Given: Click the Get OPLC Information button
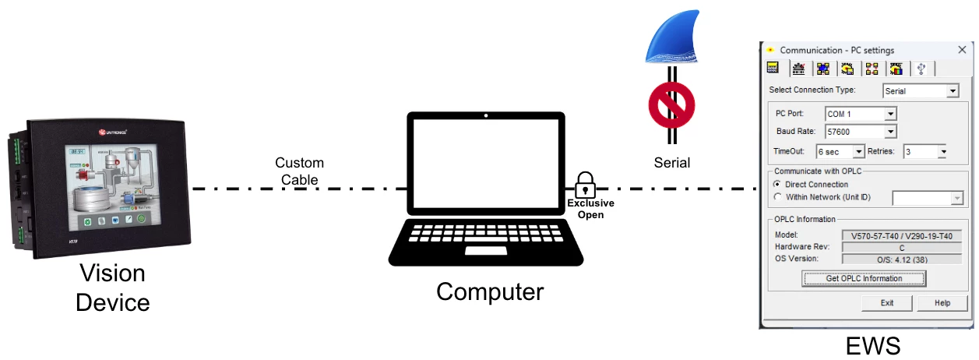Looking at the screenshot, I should (864, 278).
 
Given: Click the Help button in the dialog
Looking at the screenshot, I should (942, 303).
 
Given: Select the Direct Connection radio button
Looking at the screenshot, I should (777, 185).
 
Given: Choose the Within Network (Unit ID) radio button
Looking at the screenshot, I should (777, 197).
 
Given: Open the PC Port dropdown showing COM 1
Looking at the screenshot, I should (891, 115).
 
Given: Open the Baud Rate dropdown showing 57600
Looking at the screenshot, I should (891, 132).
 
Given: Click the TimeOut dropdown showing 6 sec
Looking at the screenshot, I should (859, 152).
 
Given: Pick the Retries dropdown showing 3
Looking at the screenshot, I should (942, 152).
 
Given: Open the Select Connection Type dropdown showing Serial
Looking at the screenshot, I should (952, 91).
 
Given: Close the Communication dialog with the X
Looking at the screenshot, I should (962, 50).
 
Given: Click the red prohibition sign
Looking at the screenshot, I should (671, 108).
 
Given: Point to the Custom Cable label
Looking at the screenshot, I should (299, 171).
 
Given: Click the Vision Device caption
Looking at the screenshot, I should (112, 288).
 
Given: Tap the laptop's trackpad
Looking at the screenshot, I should (488, 252).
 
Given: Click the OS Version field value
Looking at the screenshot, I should (902, 259).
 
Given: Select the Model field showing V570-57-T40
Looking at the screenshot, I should (902, 235).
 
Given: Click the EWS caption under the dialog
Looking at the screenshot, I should (872, 345).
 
